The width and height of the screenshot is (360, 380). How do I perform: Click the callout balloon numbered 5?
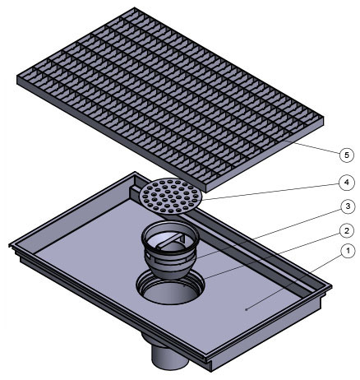click(347, 155)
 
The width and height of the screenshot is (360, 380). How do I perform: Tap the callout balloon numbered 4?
click(347, 183)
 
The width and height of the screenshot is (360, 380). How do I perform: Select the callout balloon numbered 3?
click(348, 206)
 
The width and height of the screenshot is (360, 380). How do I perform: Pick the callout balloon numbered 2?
click(347, 231)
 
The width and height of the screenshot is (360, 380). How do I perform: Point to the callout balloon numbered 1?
click(348, 252)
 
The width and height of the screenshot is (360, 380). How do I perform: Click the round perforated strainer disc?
click(171, 196)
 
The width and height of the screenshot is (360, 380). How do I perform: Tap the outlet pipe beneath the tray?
click(169, 352)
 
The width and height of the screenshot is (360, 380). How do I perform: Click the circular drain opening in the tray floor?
click(170, 287)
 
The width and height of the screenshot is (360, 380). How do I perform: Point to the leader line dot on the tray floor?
click(246, 309)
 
